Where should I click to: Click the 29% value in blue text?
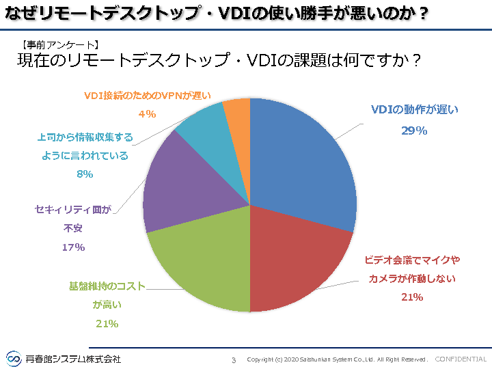coord(414,131)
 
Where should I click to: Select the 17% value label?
coord(73,247)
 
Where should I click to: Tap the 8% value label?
coord(85,174)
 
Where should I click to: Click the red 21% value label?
coord(412,297)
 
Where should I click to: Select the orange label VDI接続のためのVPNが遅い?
coord(148,96)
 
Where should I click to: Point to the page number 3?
coord(234,359)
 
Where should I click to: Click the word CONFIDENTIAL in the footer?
coord(461,359)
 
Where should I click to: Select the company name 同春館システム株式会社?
coord(73,359)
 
